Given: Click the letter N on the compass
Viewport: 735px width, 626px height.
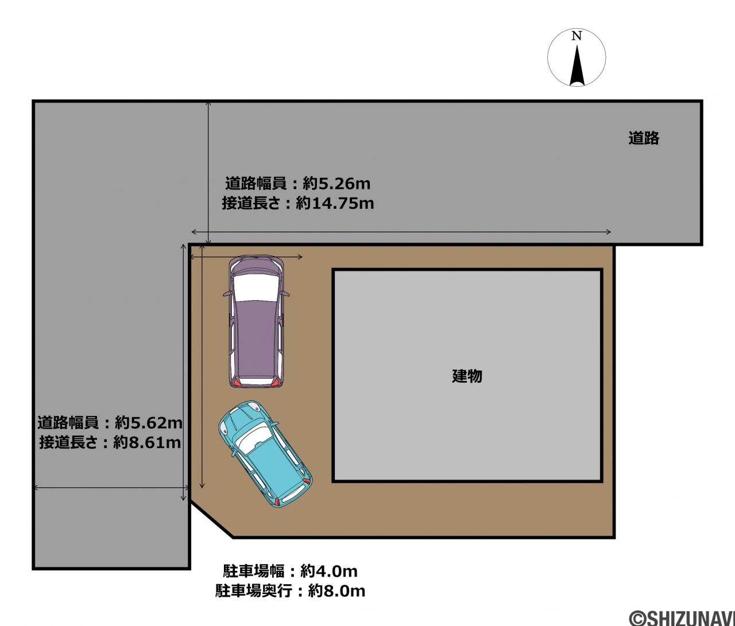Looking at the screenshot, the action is click(577, 36).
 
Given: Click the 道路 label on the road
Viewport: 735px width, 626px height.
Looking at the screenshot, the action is click(644, 138).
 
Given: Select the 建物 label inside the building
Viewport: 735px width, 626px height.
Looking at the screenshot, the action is click(467, 376).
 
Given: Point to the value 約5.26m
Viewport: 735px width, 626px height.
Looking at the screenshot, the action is click(336, 184).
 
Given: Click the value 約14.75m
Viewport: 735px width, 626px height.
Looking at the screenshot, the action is click(335, 204).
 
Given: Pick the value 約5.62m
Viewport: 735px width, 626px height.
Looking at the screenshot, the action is click(149, 423).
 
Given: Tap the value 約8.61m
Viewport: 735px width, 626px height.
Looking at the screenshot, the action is click(147, 443).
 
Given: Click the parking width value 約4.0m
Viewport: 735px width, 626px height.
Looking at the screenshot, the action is click(329, 571).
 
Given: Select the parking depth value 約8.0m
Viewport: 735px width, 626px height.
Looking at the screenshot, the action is click(336, 591).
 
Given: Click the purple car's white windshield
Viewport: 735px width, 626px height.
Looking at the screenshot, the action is click(256, 287).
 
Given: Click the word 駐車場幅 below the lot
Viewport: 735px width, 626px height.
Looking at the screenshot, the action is click(254, 571).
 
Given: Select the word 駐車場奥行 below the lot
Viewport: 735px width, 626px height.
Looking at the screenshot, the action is click(254, 591).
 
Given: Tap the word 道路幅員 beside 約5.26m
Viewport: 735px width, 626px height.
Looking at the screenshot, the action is click(256, 184).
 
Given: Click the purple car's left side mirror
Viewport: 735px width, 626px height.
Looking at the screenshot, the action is click(226, 294).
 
